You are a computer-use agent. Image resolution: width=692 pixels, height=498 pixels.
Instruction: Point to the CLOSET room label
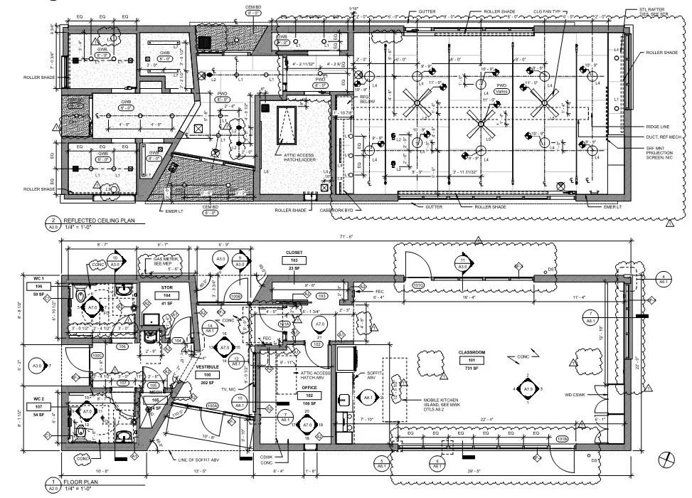[x=294, y=252]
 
